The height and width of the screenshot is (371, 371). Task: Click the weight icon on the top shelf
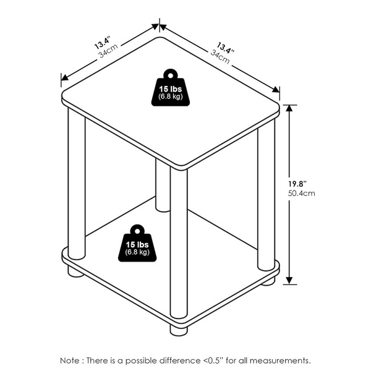pos(171,88)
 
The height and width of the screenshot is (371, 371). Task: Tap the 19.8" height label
pos(297,184)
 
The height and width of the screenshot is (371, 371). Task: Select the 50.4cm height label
pos(302,194)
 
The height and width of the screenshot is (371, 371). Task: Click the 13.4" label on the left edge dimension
pos(103,43)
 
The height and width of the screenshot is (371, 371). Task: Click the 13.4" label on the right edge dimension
pos(225,48)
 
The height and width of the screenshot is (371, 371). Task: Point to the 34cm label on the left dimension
pos(108,51)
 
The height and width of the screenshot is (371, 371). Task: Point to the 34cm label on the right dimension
pos(220,57)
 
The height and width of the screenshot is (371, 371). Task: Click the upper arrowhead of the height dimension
pos(289,108)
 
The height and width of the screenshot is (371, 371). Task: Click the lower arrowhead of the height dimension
pos(289,281)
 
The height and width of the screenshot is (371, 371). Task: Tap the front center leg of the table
pos(179,243)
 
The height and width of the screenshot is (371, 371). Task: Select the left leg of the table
pos(77,184)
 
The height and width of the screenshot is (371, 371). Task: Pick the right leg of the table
pos(266,195)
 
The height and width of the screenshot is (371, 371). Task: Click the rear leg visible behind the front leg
pos(163,185)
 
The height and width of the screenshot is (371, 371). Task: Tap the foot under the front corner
pos(179,330)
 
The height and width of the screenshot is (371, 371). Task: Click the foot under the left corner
pos(75,271)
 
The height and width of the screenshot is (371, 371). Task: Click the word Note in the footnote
pos(70,360)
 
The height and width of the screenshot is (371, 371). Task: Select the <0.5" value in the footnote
pos(213,360)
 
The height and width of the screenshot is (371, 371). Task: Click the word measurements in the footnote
pos(280,360)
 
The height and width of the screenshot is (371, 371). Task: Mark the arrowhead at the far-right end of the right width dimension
pos(276,89)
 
